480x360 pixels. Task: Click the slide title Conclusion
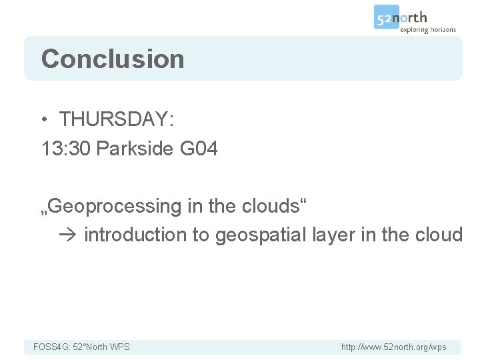[x=113, y=59]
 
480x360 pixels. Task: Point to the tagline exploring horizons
[x=428, y=29]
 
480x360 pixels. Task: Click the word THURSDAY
[x=116, y=119]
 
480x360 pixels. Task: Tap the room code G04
[x=199, y=149]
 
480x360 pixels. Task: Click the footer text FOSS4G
[x=49, y=347]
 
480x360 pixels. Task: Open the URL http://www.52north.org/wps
[x=393, y=347]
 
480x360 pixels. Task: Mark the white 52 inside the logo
[x=385, y=18]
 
